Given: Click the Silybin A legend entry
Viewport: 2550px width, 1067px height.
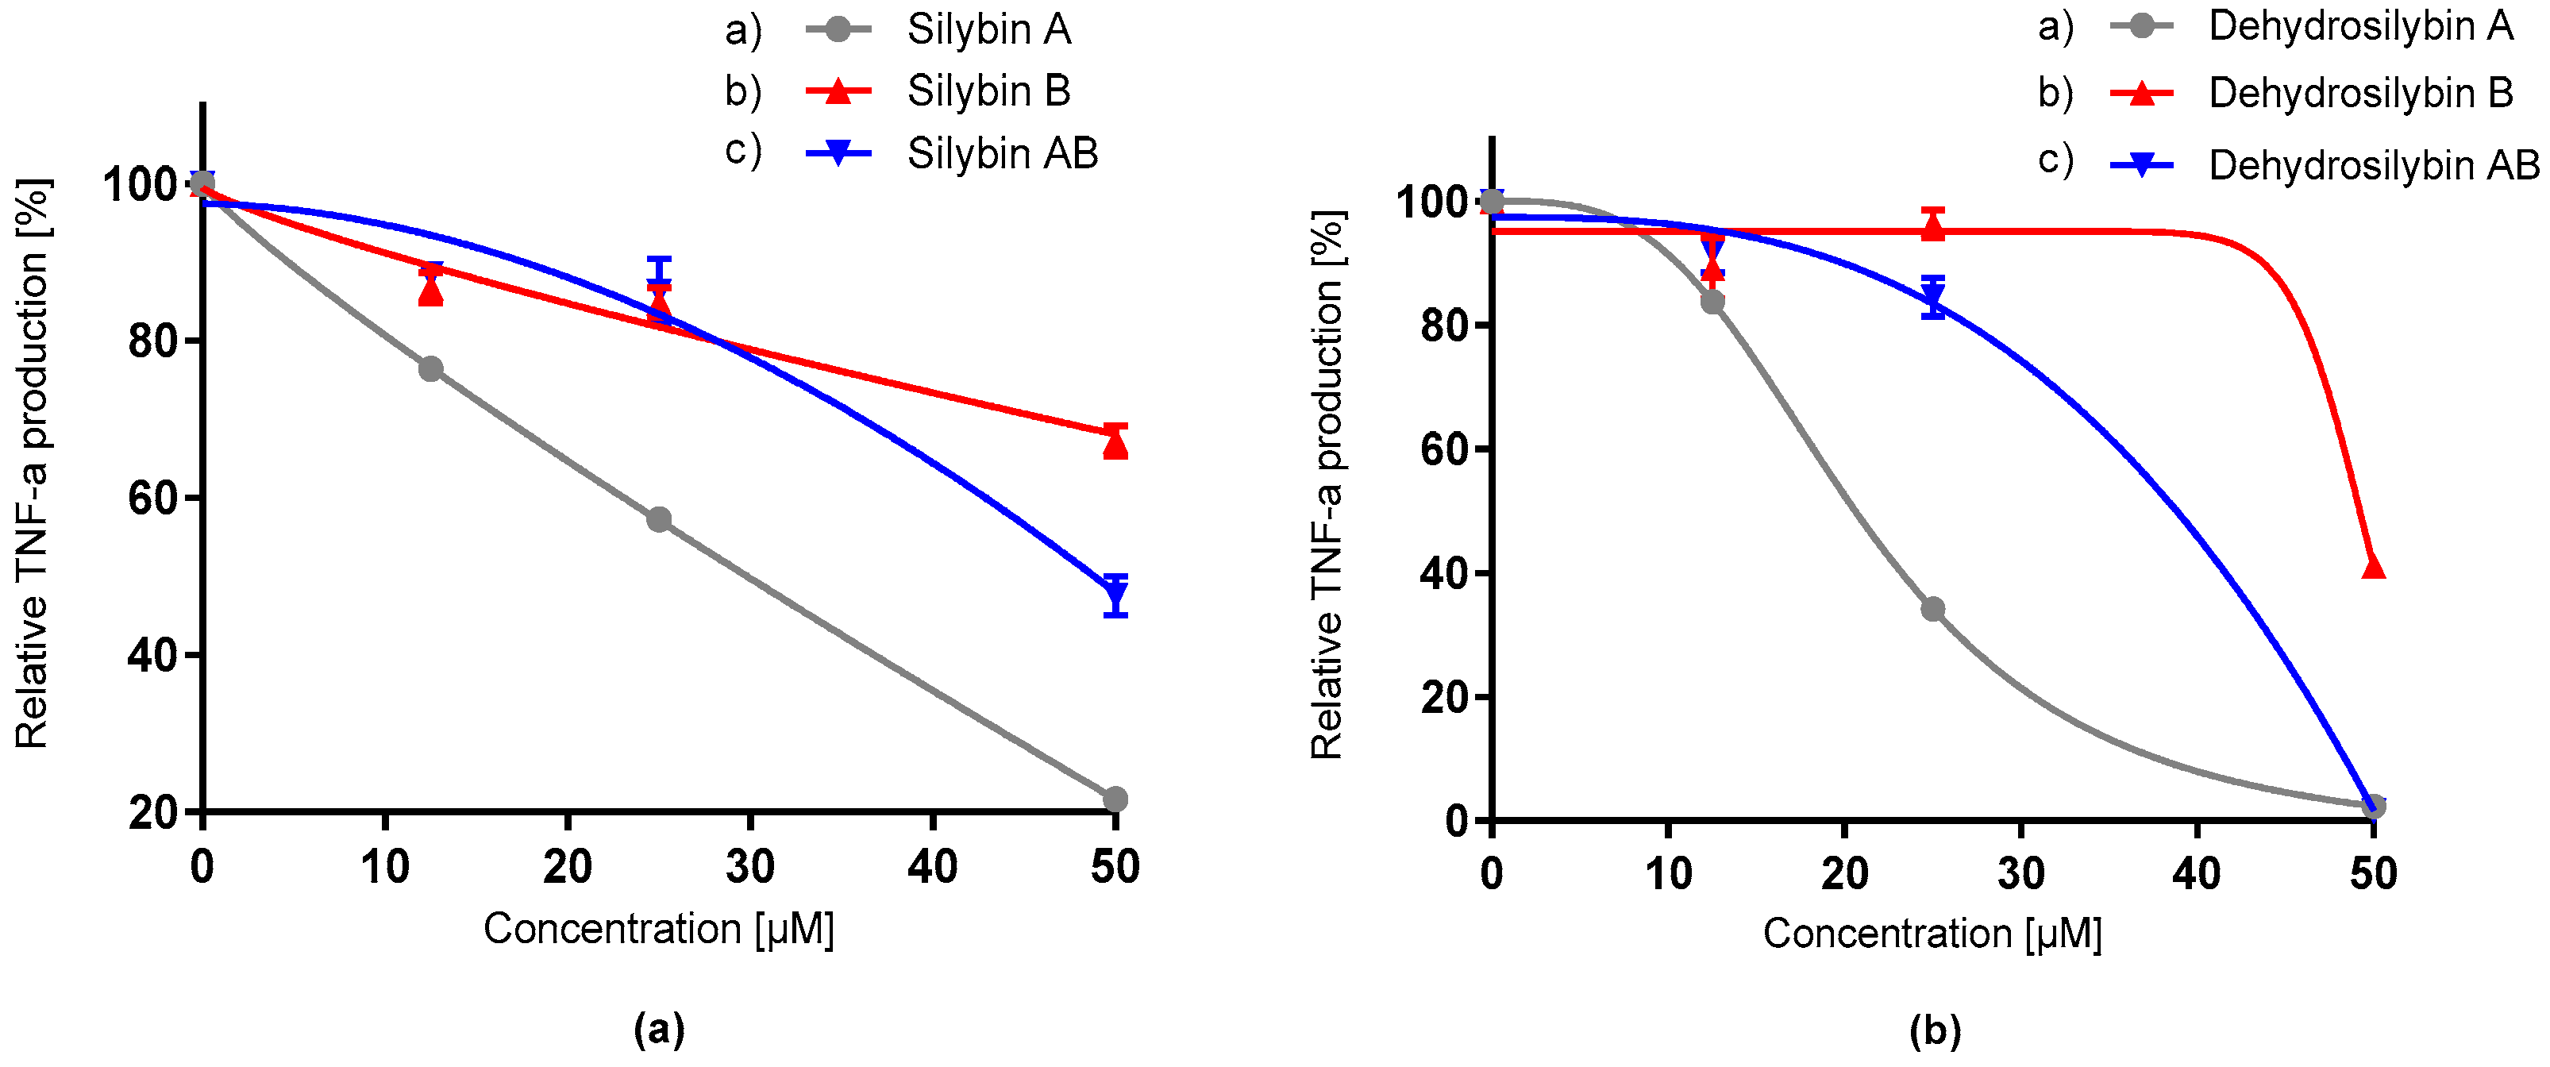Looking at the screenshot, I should pos(988,29).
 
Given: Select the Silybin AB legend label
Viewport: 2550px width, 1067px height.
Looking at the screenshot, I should pos(1002,153).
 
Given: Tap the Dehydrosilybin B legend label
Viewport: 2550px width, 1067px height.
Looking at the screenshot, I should pos(2360,93).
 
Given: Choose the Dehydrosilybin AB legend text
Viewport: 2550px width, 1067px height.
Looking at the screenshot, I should pos(2373,165).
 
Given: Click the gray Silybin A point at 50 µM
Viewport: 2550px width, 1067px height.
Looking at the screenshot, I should pos(1115,799).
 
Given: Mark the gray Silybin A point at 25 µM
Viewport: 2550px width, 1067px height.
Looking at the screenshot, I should pos(659,520).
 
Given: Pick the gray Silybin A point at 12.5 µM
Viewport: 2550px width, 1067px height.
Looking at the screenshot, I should pos(430,369).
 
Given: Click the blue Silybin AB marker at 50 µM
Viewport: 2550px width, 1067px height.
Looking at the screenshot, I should pos(1115,595).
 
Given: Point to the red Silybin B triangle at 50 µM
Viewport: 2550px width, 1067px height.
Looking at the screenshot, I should pos(1115,445).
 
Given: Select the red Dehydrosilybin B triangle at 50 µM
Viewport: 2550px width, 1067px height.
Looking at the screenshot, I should pos(2373,566).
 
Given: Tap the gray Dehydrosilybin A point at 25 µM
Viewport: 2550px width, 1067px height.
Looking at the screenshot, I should pos(1932,609).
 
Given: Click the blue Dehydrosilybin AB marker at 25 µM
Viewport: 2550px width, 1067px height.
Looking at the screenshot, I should pos(1932,297).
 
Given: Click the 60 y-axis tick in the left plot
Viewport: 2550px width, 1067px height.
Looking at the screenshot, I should pos(152,498).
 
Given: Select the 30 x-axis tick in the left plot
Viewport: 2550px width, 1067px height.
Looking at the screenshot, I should pos(749,867).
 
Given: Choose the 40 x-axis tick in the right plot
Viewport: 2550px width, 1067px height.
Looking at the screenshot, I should pos(2197,873).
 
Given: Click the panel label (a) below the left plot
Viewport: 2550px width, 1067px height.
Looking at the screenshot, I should pos(658,1030).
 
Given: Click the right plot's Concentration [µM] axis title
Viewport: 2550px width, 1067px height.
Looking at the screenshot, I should pos(1932,934).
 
